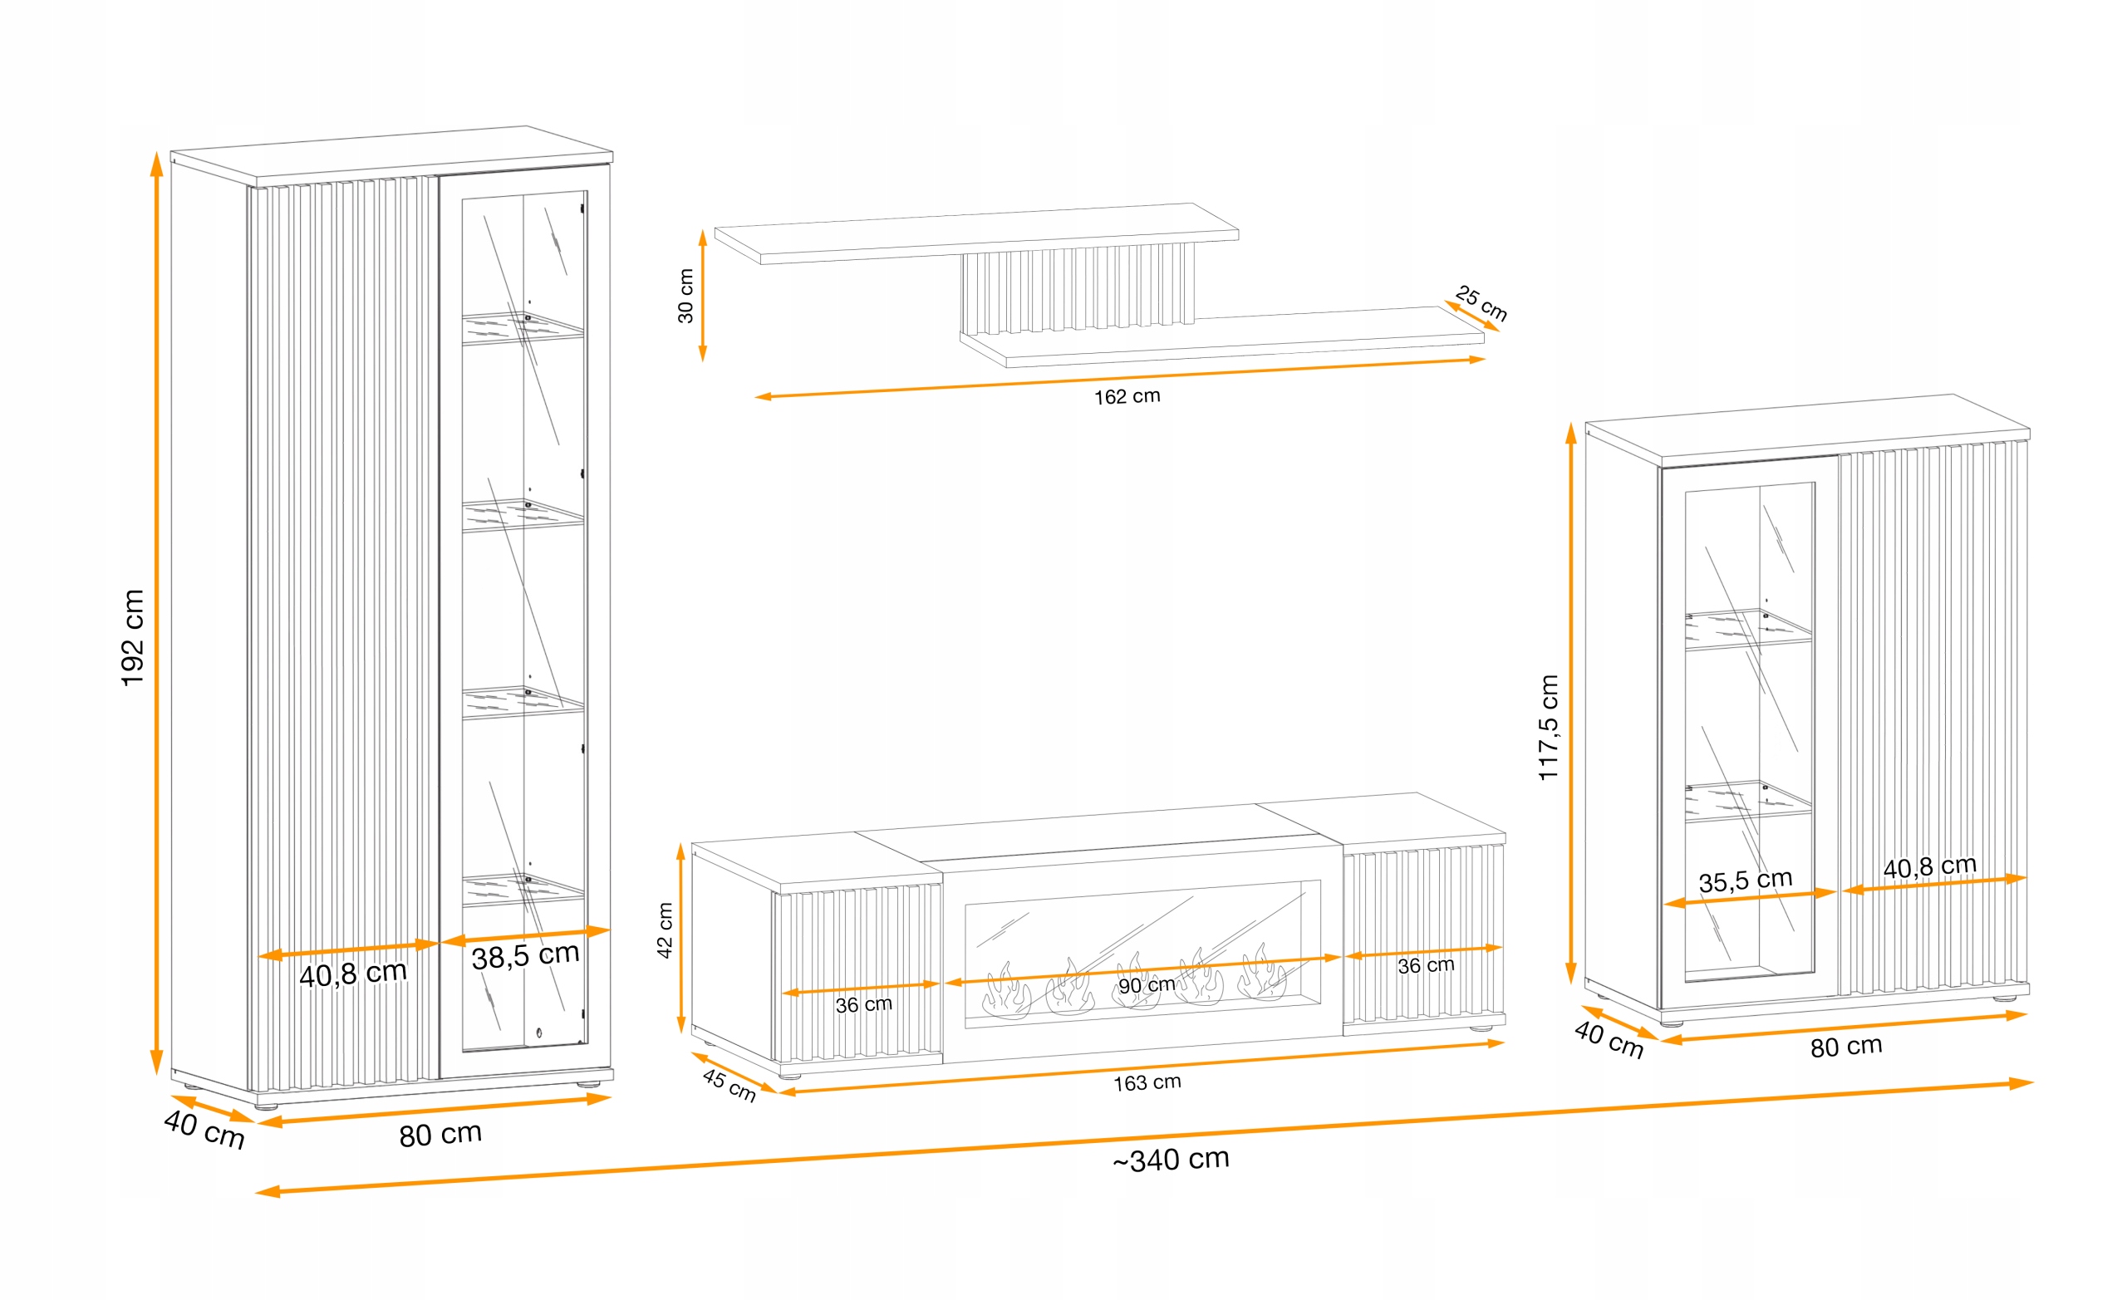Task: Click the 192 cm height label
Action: coord(132,638)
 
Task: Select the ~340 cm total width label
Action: coord(1171,1160)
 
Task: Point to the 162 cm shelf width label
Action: coord(1127,396)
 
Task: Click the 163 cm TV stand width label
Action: coord(1147,1082)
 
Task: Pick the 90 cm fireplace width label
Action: coord(1146,985)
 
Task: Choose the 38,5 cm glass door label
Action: coord(525,955)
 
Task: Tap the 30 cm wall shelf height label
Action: coord(685,296)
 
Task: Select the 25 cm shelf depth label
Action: coord(1481,303)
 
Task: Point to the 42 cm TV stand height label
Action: coord(665,930)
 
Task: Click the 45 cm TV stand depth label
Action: coord(729,1085)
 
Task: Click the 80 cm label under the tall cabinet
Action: coord(440,1134)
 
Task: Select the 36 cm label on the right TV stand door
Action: coord(1425,966)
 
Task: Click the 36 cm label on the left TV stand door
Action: coord(863,1005)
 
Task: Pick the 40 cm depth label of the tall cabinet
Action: coord(204,1129)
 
